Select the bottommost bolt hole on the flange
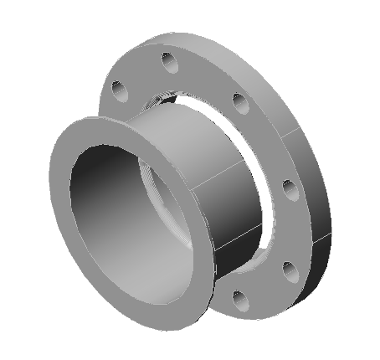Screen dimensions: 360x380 [x=241, y=297]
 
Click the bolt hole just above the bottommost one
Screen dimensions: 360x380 [x=289, y=270]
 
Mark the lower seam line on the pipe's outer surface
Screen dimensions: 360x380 [x=239, y=239]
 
